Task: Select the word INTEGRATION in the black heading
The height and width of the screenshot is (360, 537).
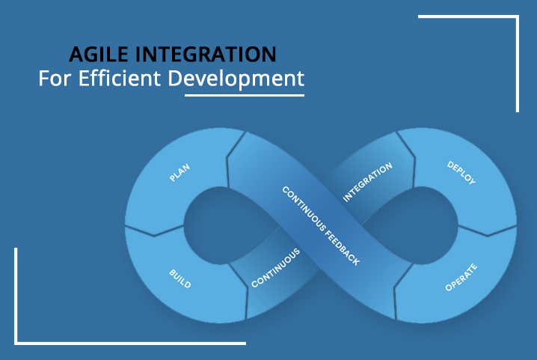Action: (206, 54)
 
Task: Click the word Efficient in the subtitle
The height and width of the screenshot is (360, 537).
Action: (120, 78)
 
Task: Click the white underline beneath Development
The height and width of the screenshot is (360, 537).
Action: (245, 95)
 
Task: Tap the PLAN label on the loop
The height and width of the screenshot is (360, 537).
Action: (179, 172)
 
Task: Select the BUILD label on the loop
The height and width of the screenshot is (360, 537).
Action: (180, 278)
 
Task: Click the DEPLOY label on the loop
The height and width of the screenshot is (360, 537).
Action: (461, 172)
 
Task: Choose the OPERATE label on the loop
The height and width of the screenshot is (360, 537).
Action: (461, 278)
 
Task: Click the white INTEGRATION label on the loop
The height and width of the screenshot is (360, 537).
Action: (367, 182)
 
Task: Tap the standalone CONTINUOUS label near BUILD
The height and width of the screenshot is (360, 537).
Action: (276, 268)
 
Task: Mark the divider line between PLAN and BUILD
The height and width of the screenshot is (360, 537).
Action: (155, 231)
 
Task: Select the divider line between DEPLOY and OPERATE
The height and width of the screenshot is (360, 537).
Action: (487, 231)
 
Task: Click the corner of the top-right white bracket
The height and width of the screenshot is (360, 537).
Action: (518, 16)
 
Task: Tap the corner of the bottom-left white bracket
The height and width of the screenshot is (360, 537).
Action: (16, 344)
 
